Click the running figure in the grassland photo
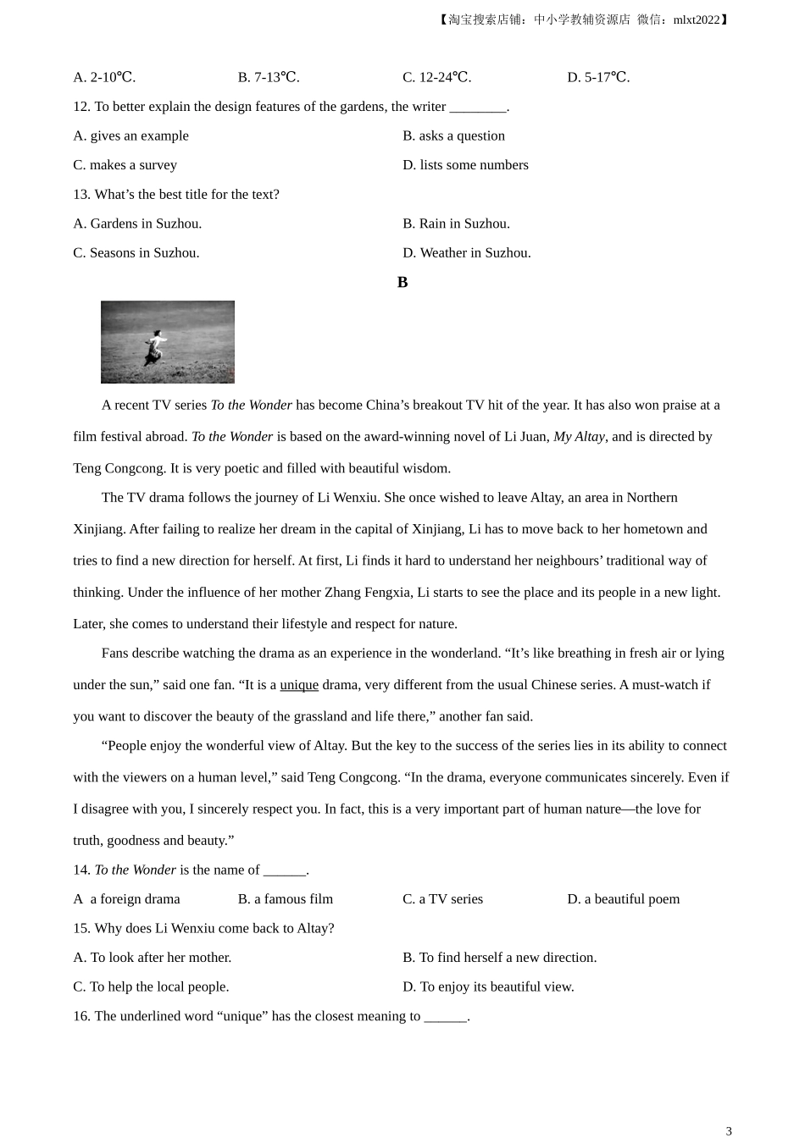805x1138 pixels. (154, 346)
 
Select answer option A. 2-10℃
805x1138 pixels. (104, 77)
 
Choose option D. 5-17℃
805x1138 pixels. (598, 77)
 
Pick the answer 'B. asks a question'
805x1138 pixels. (453, 135)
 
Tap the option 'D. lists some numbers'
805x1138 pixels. (465, 165)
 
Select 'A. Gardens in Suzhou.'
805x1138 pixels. (137, 224)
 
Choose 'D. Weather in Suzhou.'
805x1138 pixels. (466, 252)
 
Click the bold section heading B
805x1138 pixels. (402, 283)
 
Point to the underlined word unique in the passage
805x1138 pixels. (299, 685)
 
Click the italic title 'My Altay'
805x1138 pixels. (579, 437)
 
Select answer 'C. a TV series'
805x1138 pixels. (442, 899)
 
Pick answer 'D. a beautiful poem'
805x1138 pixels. (623, 899)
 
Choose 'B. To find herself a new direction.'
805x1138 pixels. (499, 958)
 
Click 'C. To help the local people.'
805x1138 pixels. (151, 987)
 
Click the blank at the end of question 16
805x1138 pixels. (445, 1017)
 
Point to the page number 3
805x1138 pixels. (729, 1130)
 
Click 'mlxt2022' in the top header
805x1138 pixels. (696, 19)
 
